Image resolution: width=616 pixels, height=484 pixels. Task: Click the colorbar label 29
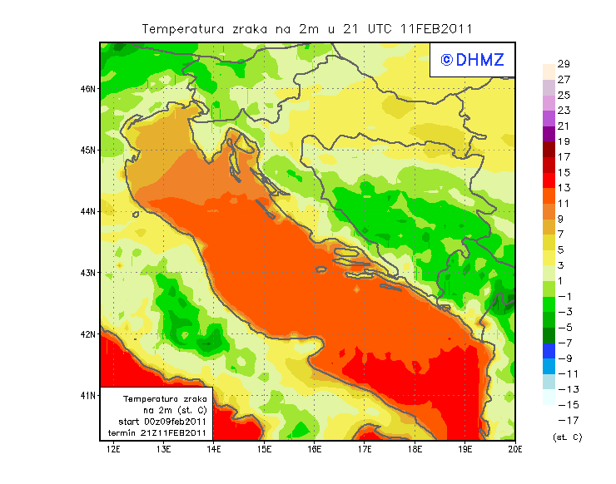[564, 64]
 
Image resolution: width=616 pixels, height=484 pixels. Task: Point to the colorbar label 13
[564, 188]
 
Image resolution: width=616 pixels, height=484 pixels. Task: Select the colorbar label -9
[564, 358]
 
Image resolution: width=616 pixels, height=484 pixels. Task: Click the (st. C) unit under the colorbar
[567, 437]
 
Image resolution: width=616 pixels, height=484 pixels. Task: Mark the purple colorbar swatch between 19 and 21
[549, 134]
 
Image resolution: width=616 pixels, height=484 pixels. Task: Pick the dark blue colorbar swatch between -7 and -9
[549, 350]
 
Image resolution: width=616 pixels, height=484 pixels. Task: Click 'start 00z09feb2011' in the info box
[157, 422]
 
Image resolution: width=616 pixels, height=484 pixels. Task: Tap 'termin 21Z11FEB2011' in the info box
[157, 433]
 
